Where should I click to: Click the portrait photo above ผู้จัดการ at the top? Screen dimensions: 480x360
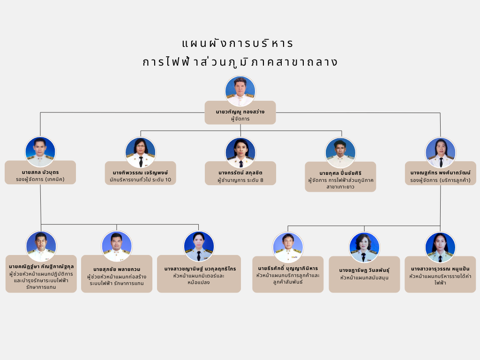(240, 91)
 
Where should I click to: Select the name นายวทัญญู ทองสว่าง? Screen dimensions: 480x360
(240, 112)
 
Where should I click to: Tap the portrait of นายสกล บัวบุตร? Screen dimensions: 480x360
(40, 151)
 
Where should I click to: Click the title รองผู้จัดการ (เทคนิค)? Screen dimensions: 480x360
(40, 180)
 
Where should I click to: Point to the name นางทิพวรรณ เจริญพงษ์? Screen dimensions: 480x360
(140, 172)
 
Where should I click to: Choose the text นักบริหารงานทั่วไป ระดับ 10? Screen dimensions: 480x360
(140, 180)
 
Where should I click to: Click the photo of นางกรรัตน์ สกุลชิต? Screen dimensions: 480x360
(240, 152)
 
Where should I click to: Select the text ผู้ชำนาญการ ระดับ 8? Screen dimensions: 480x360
(240, 180)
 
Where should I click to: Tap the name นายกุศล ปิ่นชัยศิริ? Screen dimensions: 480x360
(340, 173)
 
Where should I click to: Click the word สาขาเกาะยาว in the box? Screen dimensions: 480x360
(340, 187)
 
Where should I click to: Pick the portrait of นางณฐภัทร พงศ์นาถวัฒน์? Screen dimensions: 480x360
(441, 152)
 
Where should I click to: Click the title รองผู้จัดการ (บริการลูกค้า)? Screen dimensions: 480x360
(441, 180)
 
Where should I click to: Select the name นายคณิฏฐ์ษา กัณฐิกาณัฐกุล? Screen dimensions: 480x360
(41, 267)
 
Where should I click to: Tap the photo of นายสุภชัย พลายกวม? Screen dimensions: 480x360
(117, 246)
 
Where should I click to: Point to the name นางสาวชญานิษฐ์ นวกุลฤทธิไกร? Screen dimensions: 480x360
(200, 269)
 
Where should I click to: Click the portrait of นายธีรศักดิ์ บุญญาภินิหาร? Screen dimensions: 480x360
(288, 247)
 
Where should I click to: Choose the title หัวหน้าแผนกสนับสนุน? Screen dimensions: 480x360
(364, 277)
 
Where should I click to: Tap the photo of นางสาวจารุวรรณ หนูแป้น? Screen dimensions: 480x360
(440, 247)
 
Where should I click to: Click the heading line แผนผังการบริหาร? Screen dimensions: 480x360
(238, 44)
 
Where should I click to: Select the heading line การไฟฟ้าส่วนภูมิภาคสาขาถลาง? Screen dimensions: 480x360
(240, 62)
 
